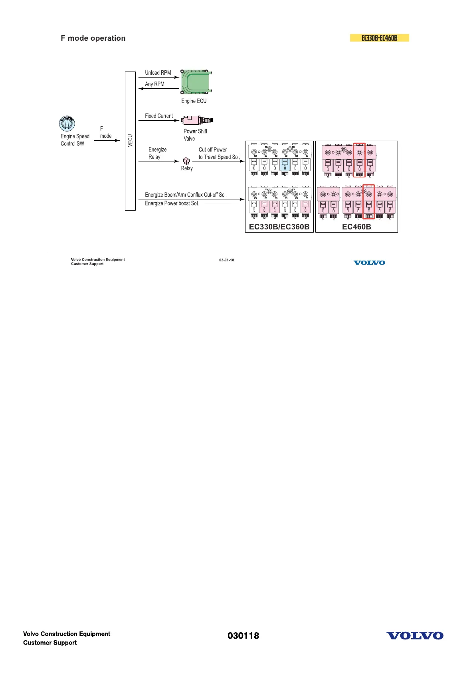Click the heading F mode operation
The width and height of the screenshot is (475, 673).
[x=93, y=38]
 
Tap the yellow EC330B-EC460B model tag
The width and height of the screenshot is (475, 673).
[x=379, y=38]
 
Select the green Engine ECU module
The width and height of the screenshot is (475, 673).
[x=196, y=83]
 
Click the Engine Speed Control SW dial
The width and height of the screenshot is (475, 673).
[x=67, y=123]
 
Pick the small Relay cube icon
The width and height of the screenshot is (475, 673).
[x=186, y=161]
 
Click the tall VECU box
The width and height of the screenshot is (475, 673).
[x=130, y=141]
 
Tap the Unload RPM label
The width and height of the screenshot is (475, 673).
[x=158, y=73]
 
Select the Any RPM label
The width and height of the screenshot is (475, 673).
[x=154, y=84]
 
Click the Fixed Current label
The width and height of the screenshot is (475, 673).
[x=159, y=116]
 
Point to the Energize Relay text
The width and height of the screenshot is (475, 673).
[x=157, y=153]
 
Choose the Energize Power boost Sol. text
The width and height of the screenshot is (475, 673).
[x=172, y=203]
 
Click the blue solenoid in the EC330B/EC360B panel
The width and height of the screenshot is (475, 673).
[x=285, y=165]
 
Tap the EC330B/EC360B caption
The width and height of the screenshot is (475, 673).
[x=279, y=227]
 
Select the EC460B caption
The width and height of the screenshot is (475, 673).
[x=356, y=227]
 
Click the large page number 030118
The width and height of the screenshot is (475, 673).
[x=243, y=635]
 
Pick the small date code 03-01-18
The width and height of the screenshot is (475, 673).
[x=226, y=260]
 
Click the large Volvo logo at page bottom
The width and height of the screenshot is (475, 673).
[x=415, y=635]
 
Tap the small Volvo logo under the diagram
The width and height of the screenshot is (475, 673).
[x=369, y=263]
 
